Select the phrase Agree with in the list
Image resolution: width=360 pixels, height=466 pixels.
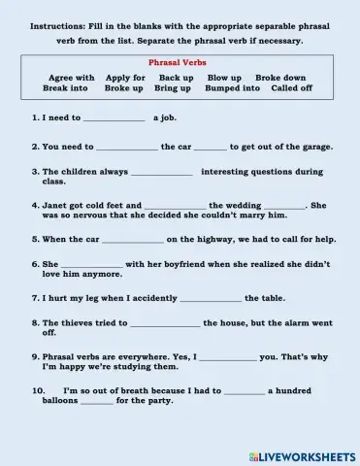point(72,78)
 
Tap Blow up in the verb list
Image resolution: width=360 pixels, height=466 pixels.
point(224,78)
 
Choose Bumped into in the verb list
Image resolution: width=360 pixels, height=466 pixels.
point(232,88)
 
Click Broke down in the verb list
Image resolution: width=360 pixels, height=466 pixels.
point(280,78)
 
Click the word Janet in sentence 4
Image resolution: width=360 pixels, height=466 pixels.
point(54,206)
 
